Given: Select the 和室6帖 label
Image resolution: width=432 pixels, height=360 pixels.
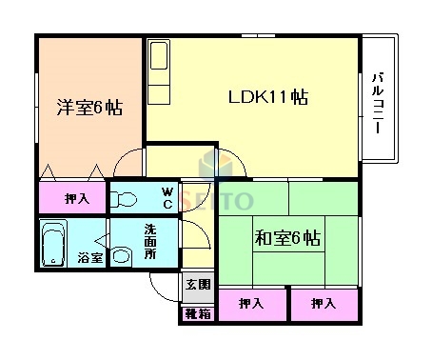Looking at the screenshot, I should click(286, 237).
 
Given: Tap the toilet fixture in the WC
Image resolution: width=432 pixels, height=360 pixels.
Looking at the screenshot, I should click(125, 199).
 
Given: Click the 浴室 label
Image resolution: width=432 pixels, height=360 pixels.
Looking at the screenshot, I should click(89, 258).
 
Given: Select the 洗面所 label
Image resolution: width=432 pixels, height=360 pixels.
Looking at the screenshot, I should click(150, 241).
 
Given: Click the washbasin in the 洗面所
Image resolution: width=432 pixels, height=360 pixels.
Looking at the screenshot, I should click(123, 255).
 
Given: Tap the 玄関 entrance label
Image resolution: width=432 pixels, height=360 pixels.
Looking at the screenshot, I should click(196, 285).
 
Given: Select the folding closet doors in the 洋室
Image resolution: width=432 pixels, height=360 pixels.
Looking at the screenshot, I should click(71, 173).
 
